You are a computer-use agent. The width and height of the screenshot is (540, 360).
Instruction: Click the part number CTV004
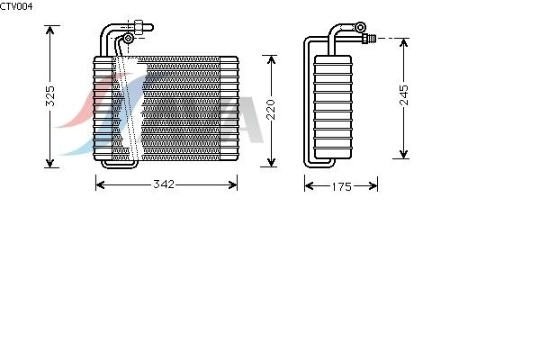coord(17,6)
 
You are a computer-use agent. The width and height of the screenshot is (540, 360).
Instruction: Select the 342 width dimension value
coord(163,184)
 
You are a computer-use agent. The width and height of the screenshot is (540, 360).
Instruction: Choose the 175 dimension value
coord(341,186)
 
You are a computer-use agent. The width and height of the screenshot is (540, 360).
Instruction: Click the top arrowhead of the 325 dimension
coord(50,30)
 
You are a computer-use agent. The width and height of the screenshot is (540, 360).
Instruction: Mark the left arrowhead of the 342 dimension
coord(100,184)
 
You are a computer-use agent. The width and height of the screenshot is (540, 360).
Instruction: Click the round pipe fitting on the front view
coord(128,38)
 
